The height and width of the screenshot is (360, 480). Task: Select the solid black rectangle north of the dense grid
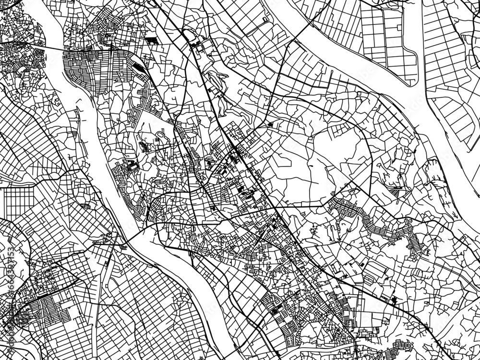click(x=152, y=39)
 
